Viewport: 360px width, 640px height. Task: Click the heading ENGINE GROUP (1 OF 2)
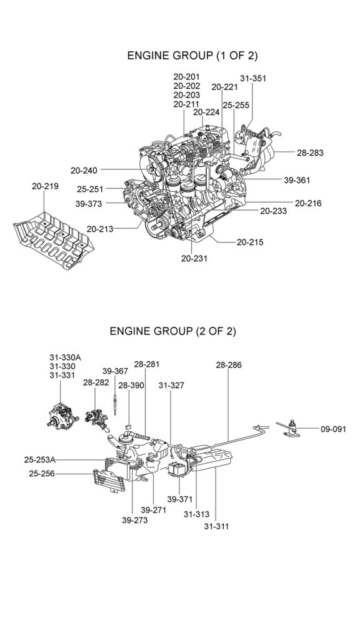click(x=192, y=56)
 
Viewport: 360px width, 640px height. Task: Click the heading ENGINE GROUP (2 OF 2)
click(x=172, y=331)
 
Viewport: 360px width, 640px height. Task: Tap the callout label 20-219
click(x=45, y=186)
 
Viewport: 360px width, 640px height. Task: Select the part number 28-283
click(x=310, y=153)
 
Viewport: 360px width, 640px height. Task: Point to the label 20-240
click(x=84, y=171)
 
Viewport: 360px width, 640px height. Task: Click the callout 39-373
click(x=89, y=203)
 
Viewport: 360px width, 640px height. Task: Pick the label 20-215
click(x=250, y=242)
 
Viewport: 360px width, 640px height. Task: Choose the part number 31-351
click(x=253, y=78)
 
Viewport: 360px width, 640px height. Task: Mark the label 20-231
click(x=194, y=258)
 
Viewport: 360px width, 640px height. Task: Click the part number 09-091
click(x=333, y=429)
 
